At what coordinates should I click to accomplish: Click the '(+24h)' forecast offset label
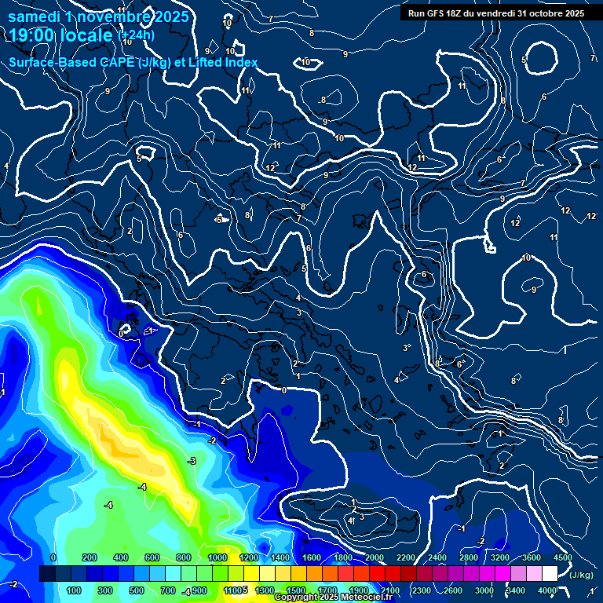[x=136, y=35]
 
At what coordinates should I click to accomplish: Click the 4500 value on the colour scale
[x=562, y=557]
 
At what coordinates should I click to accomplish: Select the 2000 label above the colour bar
[x=375, y=557]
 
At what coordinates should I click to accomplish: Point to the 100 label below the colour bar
[x=74, y=590]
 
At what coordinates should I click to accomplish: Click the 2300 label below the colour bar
[x=421, y=590]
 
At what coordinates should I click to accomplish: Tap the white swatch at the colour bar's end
[x=550, y=574]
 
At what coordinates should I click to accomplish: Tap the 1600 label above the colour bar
[x=312, y=557]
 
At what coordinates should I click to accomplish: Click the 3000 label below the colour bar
[x=484, y=590]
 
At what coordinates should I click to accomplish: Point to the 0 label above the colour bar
[x=53, y=557]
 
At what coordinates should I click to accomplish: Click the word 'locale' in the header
[x=90, y=35]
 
